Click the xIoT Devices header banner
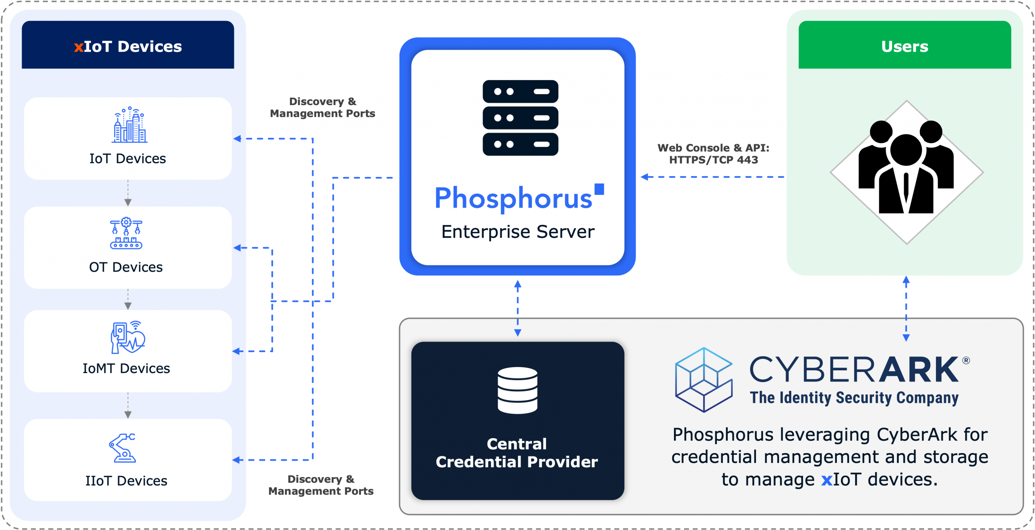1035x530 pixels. coord(128,45)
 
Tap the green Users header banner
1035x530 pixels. coord(904,45)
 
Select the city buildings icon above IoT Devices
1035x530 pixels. coord(129,125)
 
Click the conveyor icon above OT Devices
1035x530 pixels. coord(126,233)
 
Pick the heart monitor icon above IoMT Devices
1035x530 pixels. coord(128,337)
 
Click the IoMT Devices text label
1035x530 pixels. coord(126,368)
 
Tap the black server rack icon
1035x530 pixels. coord(520,118)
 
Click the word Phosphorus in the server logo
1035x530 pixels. coord(513,198)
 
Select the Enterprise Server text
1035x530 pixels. coord(518,232)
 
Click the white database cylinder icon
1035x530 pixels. coord(517,390)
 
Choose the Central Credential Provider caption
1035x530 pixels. coord(517,453)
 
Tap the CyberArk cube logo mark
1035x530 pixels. coord(703,380)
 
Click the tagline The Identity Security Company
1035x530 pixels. coord(854,398)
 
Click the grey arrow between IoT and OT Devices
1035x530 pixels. coord(128,193)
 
